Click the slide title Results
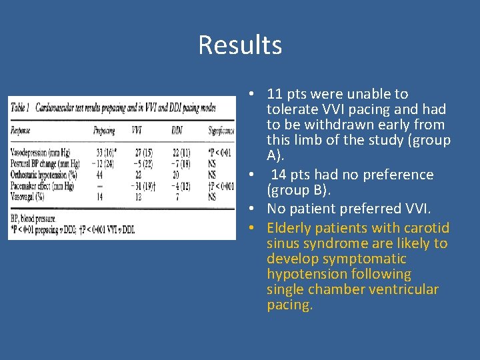240,45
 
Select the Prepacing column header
104,131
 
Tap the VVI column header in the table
137,131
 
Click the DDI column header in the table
177,131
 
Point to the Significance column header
221,131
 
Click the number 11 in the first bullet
273,94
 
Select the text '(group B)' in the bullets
293,191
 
